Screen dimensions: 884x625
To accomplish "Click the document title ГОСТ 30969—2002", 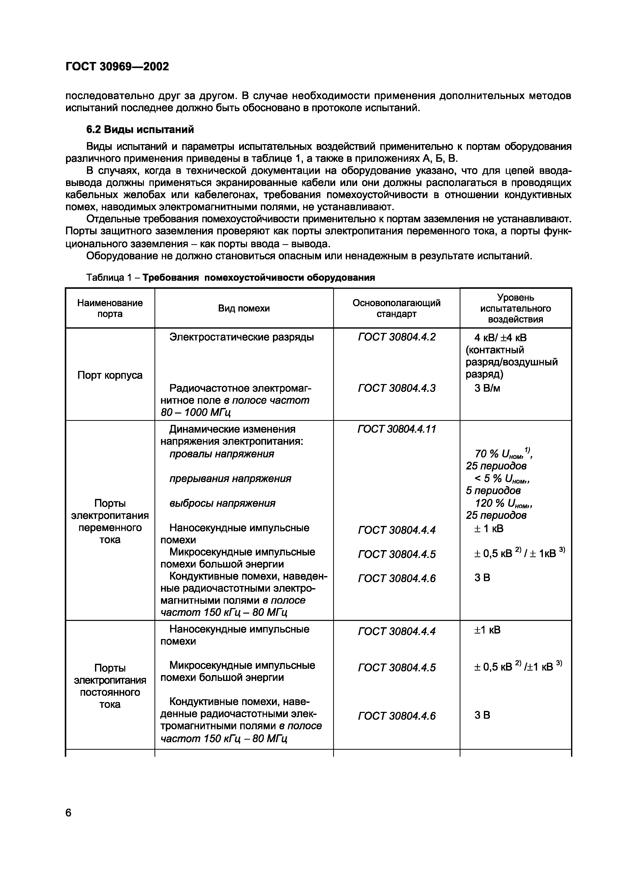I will pos(117,67).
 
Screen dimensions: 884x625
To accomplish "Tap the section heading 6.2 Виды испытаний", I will pos(140,130).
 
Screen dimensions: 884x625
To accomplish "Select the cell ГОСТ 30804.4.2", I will pos(397,337).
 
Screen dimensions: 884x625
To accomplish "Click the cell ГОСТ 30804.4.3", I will pos(397,388).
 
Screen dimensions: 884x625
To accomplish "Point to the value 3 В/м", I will pos(487,388).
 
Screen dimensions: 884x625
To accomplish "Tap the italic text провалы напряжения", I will pos(222,454).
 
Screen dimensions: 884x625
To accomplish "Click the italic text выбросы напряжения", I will pos(222,503).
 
